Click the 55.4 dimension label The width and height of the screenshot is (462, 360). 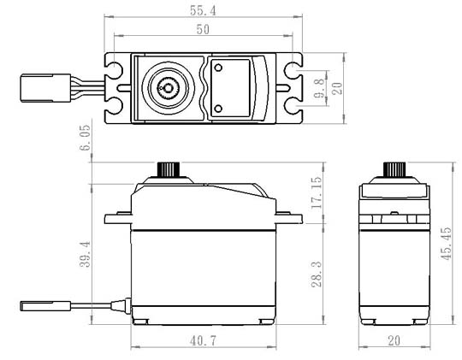tap(203, 10)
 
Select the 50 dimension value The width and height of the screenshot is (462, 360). tap(203, 29)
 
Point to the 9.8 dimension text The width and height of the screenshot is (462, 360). tap(319, 88)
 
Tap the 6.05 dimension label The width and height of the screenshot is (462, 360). tap(85, 138)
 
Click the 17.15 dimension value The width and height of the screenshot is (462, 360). tap(317, 192)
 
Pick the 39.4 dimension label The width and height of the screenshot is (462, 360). tap(85, 254)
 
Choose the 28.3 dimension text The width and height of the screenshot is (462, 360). tap(317, 274)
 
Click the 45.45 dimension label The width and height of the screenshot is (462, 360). tap(446, 244)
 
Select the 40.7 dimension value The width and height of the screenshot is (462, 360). tap(203, 341)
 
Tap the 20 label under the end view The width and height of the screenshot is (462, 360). tap(394, 341)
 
